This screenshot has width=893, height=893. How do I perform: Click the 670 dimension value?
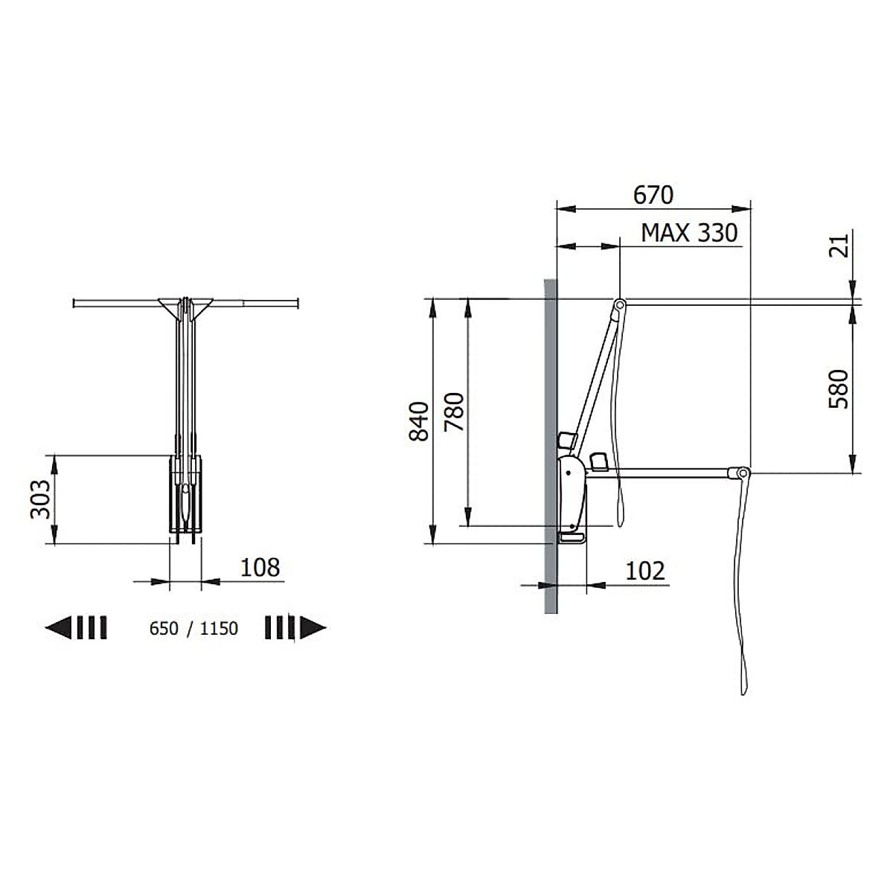pyautogui.click(x=653, y=195)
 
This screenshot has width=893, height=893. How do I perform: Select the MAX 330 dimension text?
pyautogui.click(x=689, y=233)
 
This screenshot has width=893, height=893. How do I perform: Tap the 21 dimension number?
pyautogui.click(x=839, y=246)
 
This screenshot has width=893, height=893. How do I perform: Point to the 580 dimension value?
pyautogui.click(x=839, y=388)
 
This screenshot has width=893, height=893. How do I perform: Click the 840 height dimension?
pyautogui.click(x=419, y=420)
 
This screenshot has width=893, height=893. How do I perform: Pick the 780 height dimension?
pyautogui.click(x=454, y=412)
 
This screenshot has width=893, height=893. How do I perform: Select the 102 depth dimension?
pyautogui.click(x=645, y=571)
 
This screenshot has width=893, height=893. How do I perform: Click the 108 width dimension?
pyautogui.click(x=260, y=567)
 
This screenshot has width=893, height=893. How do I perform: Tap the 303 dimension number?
pyautogui.click(x=40, y=499)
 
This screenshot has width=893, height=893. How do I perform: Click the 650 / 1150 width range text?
pyautogui.click(x=193, y=628)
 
